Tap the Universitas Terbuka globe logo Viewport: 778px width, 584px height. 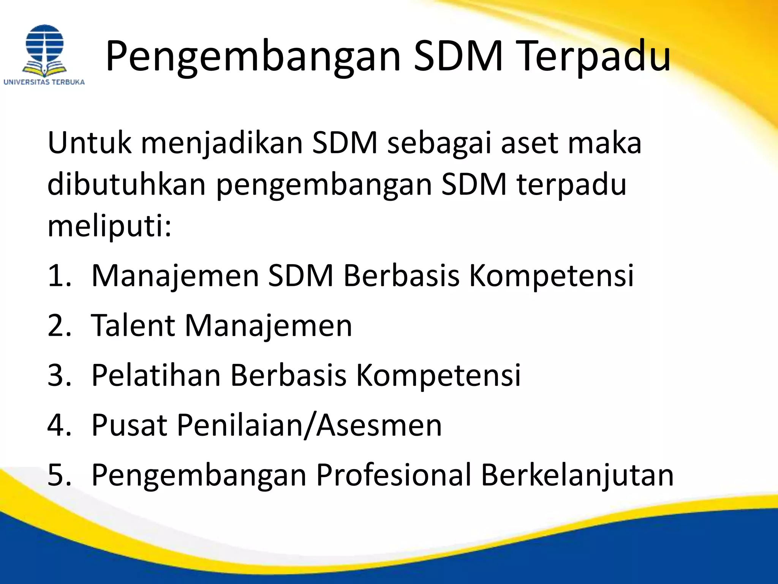tap(44, 49)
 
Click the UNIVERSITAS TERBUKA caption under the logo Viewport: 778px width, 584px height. tap(44, 82)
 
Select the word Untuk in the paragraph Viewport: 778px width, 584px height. tap(90, 143)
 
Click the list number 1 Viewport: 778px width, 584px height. tap(59, 276)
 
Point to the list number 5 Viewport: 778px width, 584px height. tap(59, 475)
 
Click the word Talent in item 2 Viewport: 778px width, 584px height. tap(133, 325)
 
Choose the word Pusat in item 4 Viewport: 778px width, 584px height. tap(129, 425)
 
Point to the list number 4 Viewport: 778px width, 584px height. tap(59, 425)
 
